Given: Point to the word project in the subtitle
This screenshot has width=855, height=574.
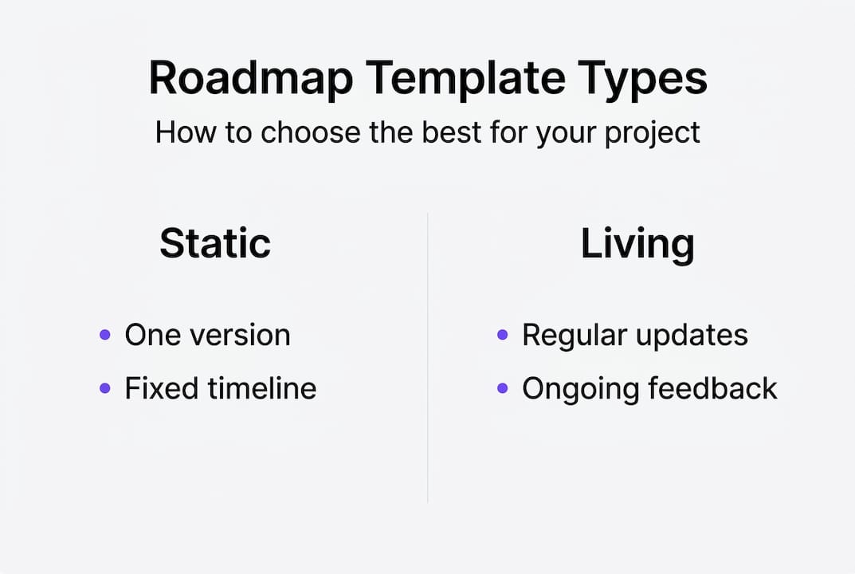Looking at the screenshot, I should click(652, 132).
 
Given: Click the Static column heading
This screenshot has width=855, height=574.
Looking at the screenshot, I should click(215, 243).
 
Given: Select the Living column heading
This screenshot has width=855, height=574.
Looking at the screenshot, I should click(637, 243).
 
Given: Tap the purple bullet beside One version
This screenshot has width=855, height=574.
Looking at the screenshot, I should click(104, 335).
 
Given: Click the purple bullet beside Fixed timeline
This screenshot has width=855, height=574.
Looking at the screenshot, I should click(104, 388).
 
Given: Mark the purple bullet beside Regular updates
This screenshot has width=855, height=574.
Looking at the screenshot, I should click(502, 335).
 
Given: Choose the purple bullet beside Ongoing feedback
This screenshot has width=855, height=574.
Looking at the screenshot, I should click(502, 388).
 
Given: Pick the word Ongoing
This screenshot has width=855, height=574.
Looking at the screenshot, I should click(580, 389).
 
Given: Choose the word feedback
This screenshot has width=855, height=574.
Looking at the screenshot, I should click(712, 388).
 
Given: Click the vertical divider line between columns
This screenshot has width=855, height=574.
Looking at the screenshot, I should click(428, 359).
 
